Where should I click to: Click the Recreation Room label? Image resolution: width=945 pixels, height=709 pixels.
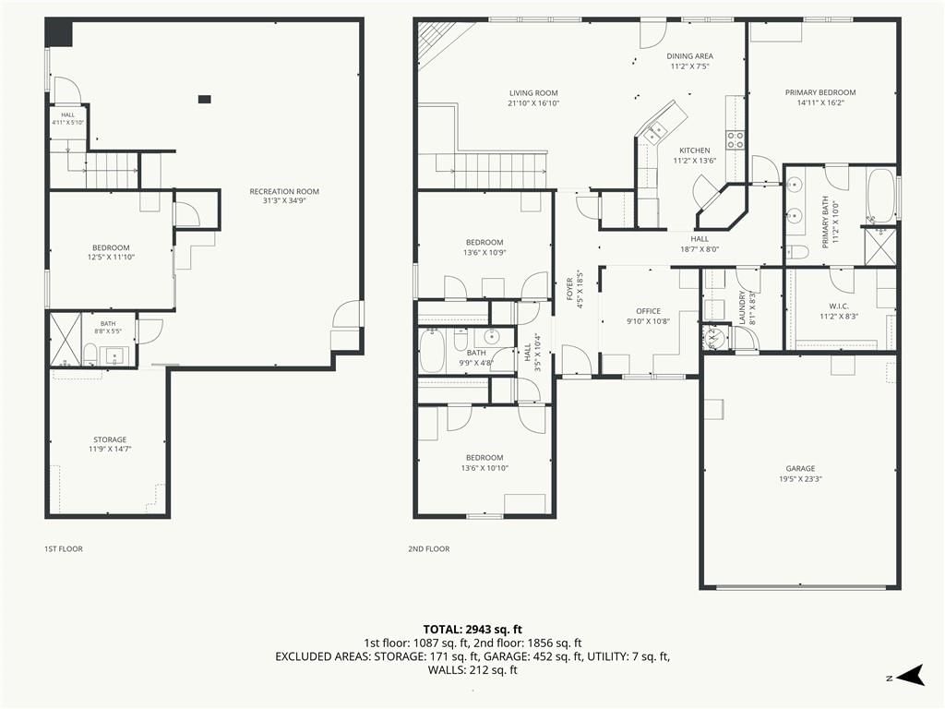tap(284, 192)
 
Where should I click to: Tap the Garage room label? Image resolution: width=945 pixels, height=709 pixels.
tap(800, 468)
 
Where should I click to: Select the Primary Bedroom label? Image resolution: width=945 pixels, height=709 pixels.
tap(820, 93)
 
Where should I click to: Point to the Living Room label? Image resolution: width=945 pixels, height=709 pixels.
tap(533, 93)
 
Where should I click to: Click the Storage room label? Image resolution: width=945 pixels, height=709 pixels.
tap(110, 440)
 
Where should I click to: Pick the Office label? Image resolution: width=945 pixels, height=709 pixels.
tap(649, 311)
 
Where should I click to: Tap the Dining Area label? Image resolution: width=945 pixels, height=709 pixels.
tap(690, 56)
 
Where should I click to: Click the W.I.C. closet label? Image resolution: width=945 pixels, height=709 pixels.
tap(838, 306)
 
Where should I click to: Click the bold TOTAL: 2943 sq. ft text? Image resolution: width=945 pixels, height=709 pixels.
tap(472, 630)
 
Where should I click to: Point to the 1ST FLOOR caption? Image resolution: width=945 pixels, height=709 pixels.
tap(64, 549)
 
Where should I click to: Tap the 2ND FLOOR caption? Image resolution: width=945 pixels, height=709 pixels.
tap(428, 549)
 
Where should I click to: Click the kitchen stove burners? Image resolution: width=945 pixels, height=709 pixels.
tap(736, 140)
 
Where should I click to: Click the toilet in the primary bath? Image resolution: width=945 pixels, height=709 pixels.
tap(796, 251)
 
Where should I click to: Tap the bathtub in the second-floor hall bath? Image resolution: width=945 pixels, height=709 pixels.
tap(432, 350)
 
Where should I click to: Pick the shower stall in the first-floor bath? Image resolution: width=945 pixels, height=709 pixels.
tap(66, 340)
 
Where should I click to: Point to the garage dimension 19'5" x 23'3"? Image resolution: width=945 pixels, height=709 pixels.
tap(800, 479)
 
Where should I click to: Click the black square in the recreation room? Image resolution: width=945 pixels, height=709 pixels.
tap(205, 99)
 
